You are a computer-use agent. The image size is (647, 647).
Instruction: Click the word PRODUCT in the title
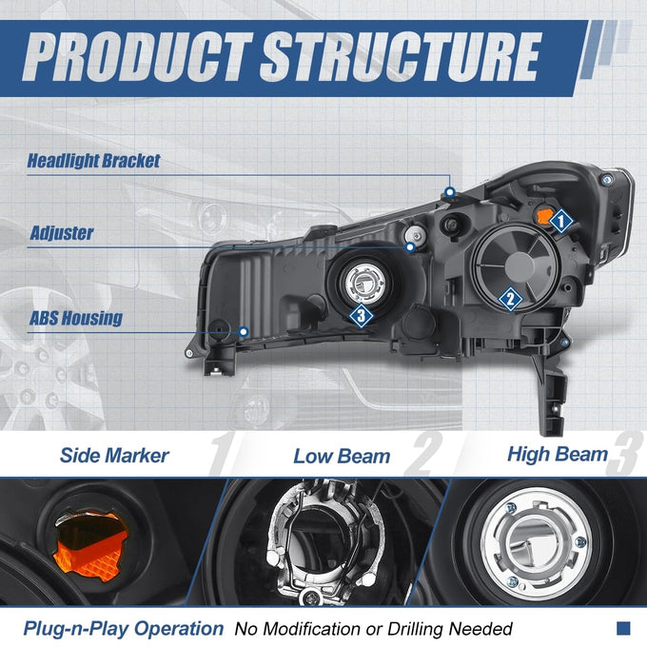(x=137, y=56)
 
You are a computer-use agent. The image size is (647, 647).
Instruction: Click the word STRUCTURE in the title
(x=401, y=56)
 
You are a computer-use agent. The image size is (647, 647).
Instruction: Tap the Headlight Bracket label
(x=93, y=161)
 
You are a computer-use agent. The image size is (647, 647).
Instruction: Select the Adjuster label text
(x=62, y=233)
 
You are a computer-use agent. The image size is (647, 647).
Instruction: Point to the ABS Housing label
(x=76, y=318)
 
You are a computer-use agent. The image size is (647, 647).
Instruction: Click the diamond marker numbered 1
(x=560, y=221)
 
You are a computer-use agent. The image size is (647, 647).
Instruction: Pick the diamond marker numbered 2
(x=510, y=299)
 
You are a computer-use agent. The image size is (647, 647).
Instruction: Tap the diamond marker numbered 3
(x=362, y=316)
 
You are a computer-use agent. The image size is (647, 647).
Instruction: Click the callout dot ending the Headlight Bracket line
(x=450, y=192)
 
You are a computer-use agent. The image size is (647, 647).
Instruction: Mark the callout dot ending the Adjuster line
(x=410, y=247)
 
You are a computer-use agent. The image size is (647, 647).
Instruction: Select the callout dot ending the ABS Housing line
(x=244, y=331)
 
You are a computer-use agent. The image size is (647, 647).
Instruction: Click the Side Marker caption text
(x=114, y=455)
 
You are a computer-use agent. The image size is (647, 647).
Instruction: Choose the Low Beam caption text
(x=342, y=457)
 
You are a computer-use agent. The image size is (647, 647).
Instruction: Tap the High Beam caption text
(x=558, y=454)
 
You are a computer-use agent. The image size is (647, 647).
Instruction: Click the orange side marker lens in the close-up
(x=91, y=544)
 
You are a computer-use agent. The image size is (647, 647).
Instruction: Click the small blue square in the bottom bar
(x=623, y=628)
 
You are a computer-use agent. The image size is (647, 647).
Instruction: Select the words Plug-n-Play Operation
(x=124, y=629)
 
